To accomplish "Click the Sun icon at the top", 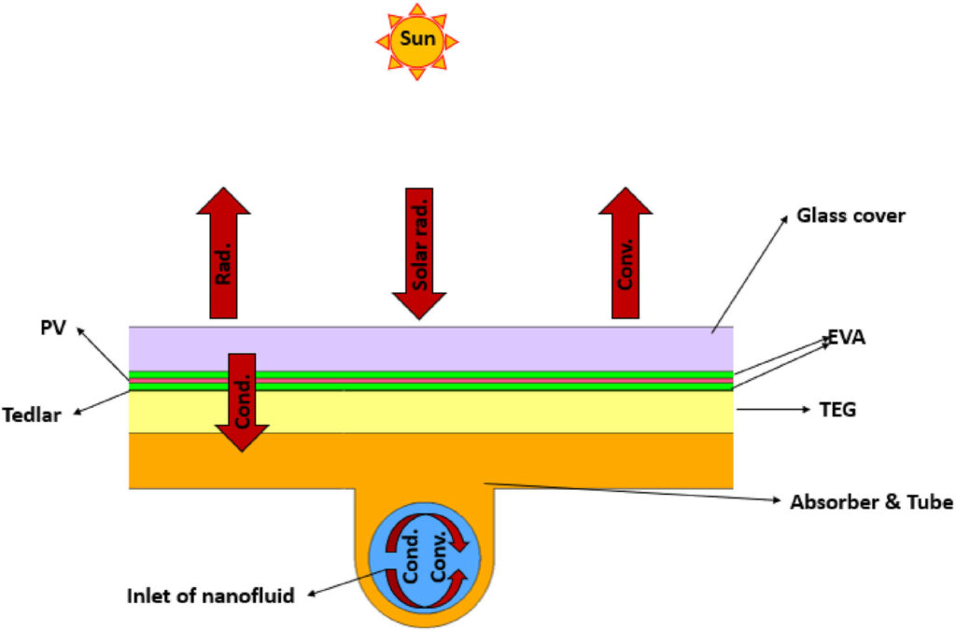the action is [417, 41].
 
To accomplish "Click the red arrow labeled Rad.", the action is [223, 252].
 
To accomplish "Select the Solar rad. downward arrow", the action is [419, 254].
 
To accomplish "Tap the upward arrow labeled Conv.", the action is [625, 252].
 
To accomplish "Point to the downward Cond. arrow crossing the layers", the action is [242, 402].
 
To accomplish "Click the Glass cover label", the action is [851, 216].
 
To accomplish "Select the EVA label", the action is [846, 337].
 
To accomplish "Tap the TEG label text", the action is [837, 410].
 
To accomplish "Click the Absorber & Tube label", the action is [872, 502].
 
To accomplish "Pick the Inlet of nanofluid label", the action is [210, 596].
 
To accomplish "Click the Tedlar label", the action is [32, 415].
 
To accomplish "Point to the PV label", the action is [53, 328].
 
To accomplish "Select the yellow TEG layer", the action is [430, 413].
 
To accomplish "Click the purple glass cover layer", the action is [430, 349].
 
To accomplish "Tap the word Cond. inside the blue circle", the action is [411, 556].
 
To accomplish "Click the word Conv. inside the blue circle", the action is [439, 556].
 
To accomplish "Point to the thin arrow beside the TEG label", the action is [773, 410].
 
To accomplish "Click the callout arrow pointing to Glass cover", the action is [750, 274].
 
